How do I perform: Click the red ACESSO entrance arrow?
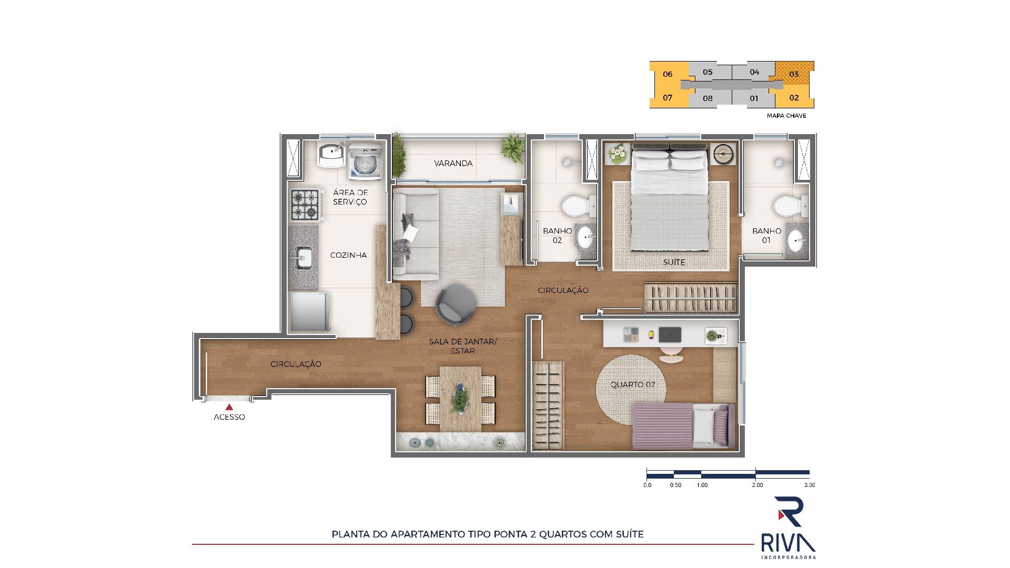pos(229,407)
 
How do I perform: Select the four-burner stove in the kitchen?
pos(305,205)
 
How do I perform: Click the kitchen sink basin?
pos(304,258)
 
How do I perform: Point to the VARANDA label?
pos(453,164)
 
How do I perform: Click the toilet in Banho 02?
pos(577,206)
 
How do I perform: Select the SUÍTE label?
pos(674,262)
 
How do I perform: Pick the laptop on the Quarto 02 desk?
pos(670,334)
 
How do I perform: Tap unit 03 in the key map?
pos(794,74)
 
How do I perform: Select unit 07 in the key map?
pos(668,98)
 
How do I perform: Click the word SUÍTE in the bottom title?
pos(630,534)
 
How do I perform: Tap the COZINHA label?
pos(348,255)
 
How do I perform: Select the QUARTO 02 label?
pos(633,384)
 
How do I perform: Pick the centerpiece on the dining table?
pos(461,399)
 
